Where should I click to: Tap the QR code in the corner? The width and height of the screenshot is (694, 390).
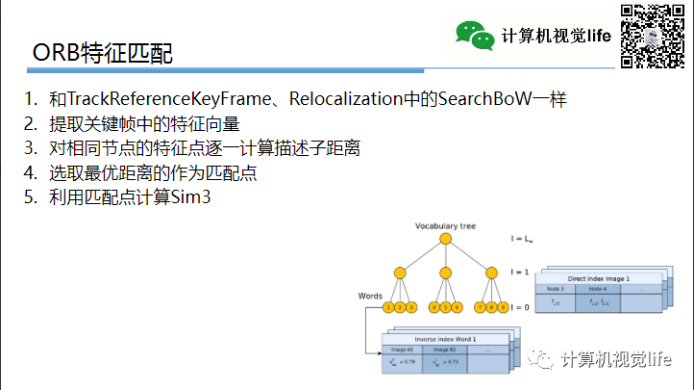(x=652, y=36)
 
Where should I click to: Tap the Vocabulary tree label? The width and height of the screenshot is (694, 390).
(x=445, y=226)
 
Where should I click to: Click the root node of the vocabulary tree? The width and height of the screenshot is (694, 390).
(x=445, y=240)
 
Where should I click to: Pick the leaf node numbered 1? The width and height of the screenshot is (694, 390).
(x=388, y=307)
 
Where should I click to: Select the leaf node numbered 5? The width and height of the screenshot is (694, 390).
(x=445, y=307)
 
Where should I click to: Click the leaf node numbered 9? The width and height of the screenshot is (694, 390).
(x=501, y=307)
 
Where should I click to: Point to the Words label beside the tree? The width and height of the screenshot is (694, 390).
(x=370, y=295)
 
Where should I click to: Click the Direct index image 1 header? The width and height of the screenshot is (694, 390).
(x=598, y=278)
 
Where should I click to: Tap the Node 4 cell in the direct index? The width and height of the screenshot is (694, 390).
(x=598, y=289)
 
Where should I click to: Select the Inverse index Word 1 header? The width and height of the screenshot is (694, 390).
(x=445, y=340)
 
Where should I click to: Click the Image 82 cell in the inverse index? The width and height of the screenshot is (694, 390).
(x=445, y=350)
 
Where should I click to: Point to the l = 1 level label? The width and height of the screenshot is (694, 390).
(x=519, y=273)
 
